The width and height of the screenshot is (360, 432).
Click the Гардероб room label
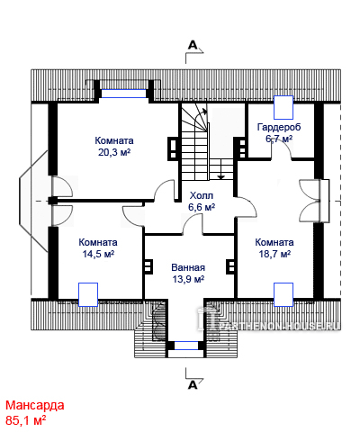(x=279, y=127)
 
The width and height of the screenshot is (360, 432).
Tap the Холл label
(x=202, y=195)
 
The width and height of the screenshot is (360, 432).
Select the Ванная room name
(x=188, y=267)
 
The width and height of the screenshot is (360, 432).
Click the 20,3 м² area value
(x=114, y=152)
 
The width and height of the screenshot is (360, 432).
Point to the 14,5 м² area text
(x=98, y=254)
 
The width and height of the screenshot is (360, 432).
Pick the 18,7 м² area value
(x=274, y=254)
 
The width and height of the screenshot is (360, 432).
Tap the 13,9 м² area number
(x=188, y=279)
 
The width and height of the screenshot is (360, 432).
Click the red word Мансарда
(x=35, y=405)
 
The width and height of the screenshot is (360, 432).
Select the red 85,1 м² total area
(x=26, y=420)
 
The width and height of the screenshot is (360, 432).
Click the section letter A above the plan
(x=193, y=45)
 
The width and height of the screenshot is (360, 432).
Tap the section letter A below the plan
(x=193, y=384)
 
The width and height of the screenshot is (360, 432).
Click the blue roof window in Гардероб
(x=283, y=107)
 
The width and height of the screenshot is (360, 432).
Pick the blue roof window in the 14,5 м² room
(x=88, y=294)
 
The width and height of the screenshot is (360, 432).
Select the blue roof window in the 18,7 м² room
(x=283, y=294)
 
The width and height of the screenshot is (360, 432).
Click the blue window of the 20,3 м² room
(x=123, y=94)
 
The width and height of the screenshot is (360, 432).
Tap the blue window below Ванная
(x=186, y=346)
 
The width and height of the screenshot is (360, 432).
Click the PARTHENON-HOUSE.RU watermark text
(x=280, y=327)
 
